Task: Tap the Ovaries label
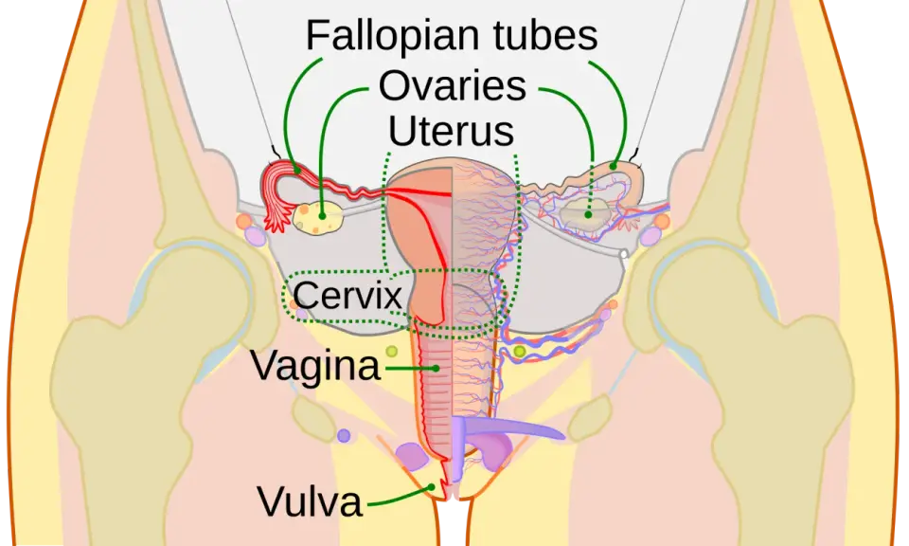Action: click(x=453, y=86)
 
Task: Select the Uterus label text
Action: click(x=451, y=131)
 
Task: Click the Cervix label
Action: click(x=348, y=295)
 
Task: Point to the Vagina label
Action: click(x=316, y=367)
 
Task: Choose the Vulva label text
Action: click(x=311, y=501)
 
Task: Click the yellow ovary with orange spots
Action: click(x=318, y=218)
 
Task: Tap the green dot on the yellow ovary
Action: click(x=322, y=216)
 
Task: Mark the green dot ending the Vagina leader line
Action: click(x=436, y=368)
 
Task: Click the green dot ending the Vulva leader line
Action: click(x=432, y=487)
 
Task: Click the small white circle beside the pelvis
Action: click(x=624, y=254)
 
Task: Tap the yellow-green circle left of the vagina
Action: click(x=392, y=351)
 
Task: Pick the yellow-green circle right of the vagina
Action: click(x=520, y=351)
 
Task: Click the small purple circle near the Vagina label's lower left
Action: click(x=344, y=435)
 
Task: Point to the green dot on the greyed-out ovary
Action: click(x=588, y=214)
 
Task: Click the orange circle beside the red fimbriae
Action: click(x=244, y=221)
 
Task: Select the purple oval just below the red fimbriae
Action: click(x=255, y=236)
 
